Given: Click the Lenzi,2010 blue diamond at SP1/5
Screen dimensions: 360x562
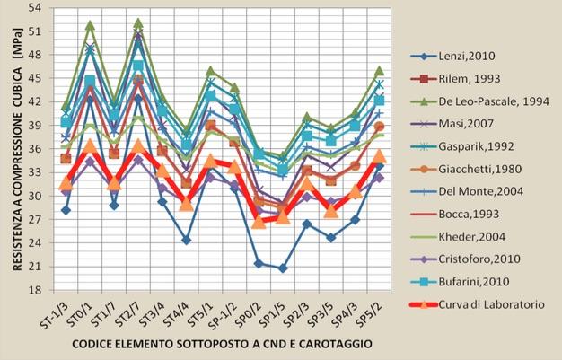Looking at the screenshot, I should (x=283, y=268).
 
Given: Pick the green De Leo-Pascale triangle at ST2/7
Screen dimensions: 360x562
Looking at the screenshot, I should (x=138, y=23).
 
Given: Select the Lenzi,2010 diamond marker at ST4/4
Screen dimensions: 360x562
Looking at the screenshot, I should (x=186, y=240).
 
